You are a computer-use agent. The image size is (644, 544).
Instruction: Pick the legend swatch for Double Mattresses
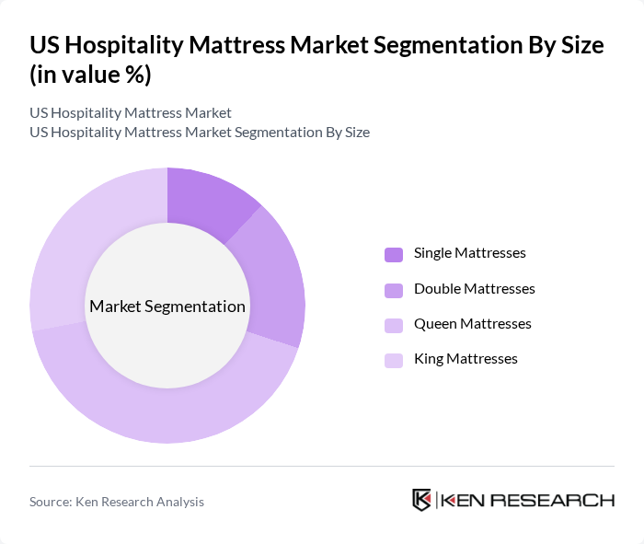394,290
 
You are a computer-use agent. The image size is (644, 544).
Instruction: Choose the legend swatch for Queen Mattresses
394,325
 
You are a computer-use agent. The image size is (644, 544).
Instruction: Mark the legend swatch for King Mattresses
394,360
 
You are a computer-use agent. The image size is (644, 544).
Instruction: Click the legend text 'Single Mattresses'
469,253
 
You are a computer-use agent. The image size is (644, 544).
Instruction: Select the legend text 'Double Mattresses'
474,288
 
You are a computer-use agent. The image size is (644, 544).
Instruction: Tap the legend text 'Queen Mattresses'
472,323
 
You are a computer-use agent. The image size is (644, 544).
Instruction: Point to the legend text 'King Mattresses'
466,358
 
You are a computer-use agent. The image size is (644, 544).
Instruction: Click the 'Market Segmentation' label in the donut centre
167,307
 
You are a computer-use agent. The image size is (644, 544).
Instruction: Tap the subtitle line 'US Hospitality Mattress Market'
130,113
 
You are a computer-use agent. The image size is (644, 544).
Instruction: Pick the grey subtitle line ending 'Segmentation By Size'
200,133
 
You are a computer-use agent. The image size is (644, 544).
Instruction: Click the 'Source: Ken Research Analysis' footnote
117,502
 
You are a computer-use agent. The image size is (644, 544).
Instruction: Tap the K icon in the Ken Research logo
421,500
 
